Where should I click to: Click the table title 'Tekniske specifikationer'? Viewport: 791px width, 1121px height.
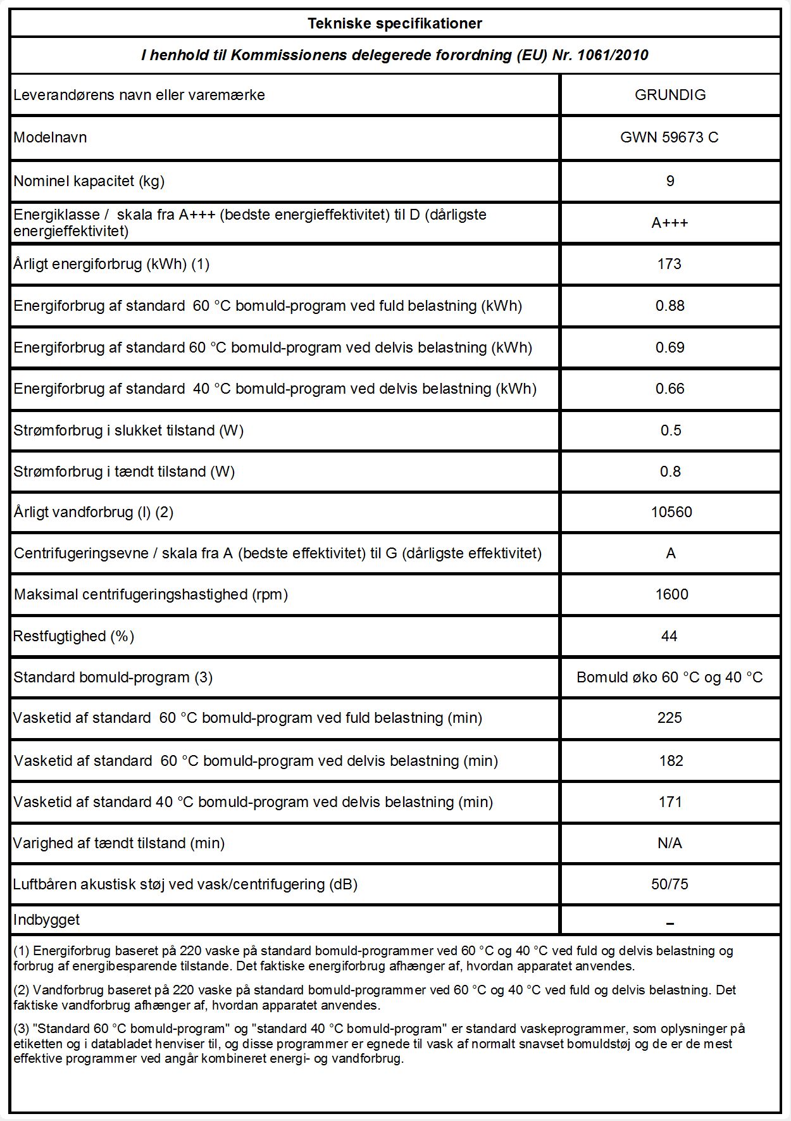395,24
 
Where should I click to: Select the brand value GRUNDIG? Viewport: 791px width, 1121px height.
670,95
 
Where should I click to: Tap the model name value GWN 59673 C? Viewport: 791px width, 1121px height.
670,137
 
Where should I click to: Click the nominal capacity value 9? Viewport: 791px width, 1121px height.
670,181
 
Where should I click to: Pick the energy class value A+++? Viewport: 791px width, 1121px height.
670,223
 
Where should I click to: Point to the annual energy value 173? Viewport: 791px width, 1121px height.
670,264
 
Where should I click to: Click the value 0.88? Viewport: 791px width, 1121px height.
670,306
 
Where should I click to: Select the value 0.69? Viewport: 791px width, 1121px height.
670,348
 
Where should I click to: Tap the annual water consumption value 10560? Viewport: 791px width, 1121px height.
671,512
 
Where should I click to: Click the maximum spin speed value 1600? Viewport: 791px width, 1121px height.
671,594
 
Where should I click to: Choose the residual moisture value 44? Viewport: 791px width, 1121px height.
670,636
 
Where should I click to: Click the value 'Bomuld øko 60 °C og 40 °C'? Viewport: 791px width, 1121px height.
670,677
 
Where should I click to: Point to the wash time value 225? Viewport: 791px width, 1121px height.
670,718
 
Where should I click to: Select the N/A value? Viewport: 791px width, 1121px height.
670,843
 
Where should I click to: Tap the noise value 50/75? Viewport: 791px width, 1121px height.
670,884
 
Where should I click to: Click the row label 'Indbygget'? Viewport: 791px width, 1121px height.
47,920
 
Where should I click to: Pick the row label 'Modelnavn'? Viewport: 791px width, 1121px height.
50,137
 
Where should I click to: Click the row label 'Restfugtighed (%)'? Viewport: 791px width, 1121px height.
74,636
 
